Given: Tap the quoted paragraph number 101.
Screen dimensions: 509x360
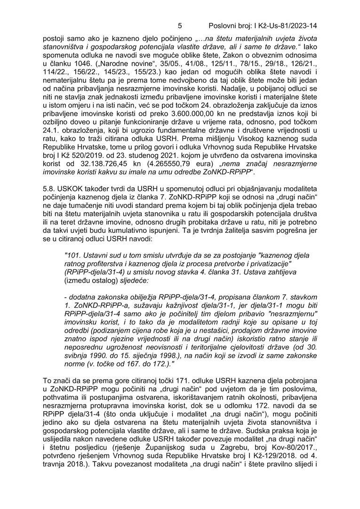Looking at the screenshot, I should pos(72,255).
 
